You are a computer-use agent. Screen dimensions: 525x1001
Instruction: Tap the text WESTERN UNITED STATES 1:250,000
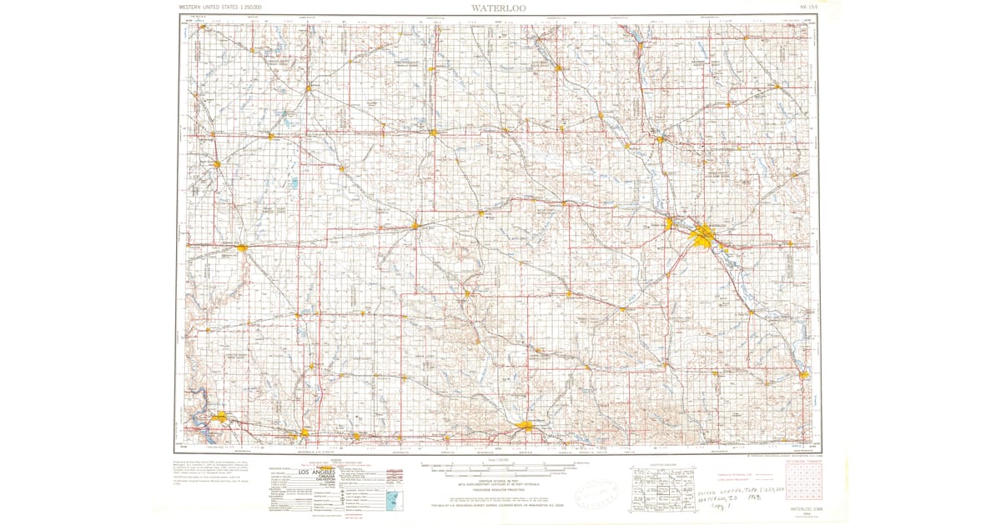220,7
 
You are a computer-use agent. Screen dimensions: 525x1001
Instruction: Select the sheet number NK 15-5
808,7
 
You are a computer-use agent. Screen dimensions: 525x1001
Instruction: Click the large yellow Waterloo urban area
702,239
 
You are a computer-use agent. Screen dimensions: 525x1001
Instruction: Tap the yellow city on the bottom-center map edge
526,427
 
